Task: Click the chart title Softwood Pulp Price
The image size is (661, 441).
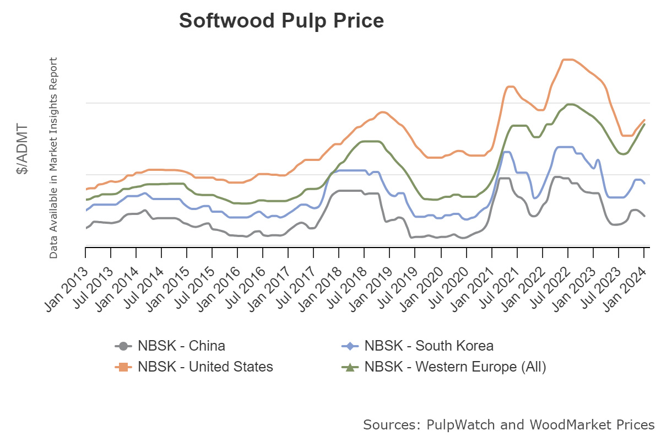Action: pos(281,21)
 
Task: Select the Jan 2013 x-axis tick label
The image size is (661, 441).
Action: pos(67,276)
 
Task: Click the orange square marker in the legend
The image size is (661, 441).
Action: pos(123,367)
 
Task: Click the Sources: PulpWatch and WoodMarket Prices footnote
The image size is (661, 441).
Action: pos(508,425)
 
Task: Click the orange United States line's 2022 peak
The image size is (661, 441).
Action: pos(567,60)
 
